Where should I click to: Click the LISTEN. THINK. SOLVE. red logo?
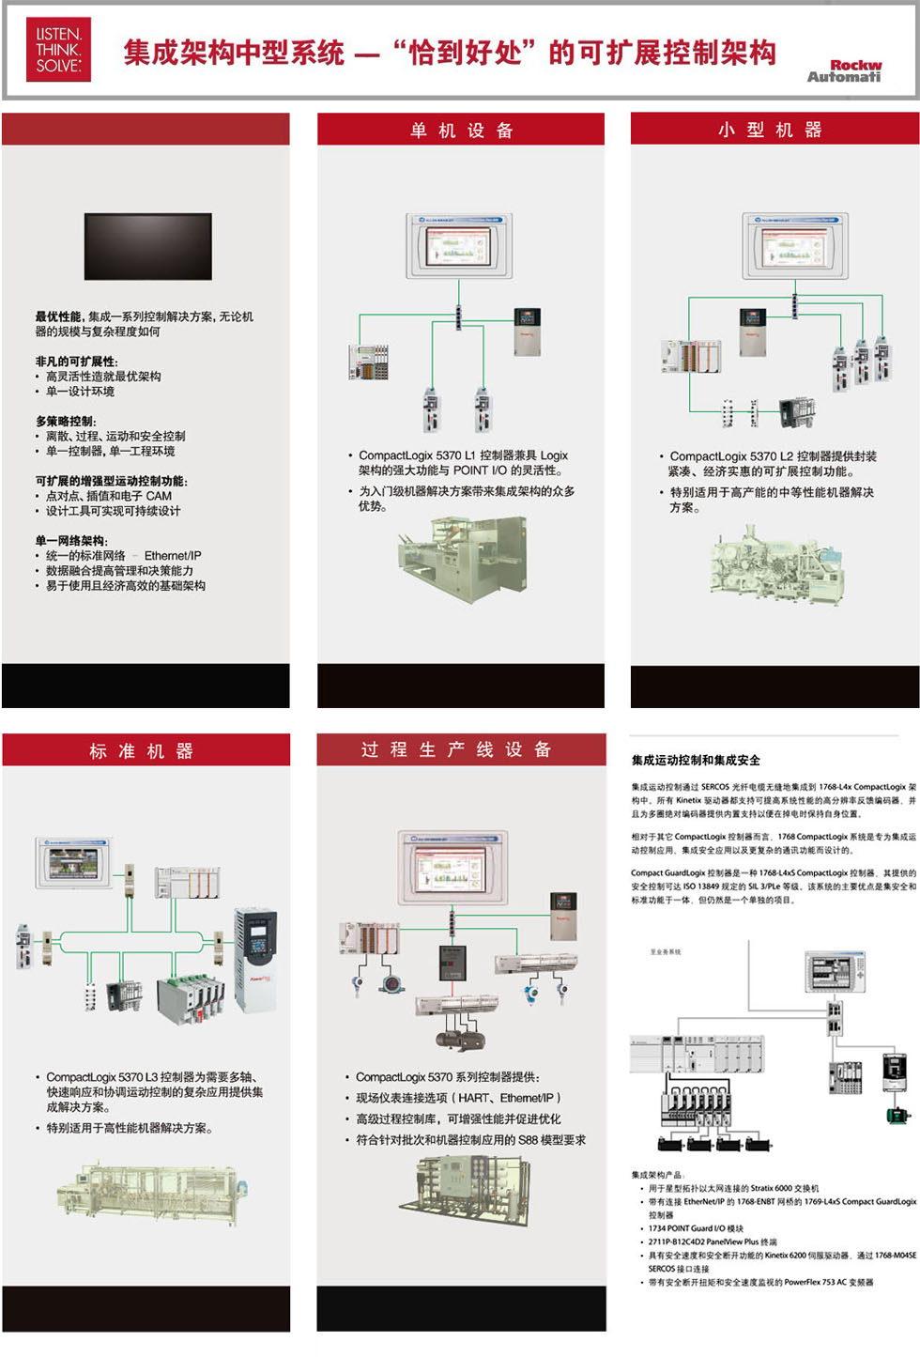pyautogui.click(x=58, y=50)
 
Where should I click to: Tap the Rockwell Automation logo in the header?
pyautogui.click(x=844, y=70)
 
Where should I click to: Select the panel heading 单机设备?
pyautogui.click(x=461, y=131)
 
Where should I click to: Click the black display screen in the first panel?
pyautogui.click(x=148, y=246)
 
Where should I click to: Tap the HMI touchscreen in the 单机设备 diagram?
pyautogui.click(x=458, y=246)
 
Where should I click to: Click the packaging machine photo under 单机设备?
pyautogui.click(x=461, y=560)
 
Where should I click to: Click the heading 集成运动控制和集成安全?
pyautogui.click(x=696, y=761)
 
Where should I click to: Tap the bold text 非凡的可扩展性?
pyautogui.click(x=76, y=362)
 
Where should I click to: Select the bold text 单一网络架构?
pyautogui.click(x=71, y=541)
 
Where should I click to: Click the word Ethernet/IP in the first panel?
pyautogui.click(x=173, y=556)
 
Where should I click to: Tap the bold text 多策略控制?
pyautogui.click(x=66, y=422)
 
